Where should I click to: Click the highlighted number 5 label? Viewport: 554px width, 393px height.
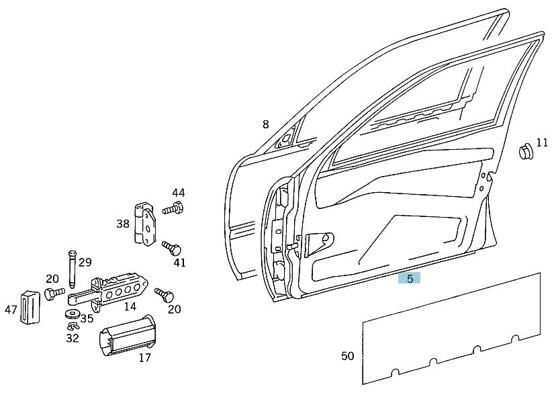pyautogui.click(x=409, y=279)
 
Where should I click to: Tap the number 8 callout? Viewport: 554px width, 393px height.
pyautogui.click(x=265, y=124)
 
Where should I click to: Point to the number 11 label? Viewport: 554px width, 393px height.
pyautogui.click(x=542, y=143)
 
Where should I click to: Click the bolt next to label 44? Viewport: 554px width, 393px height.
pyautogui.click(x=173, y=209)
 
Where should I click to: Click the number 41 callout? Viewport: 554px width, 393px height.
pyautogui.click(x=179, y=263)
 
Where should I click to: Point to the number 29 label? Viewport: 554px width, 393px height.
pyautogui.click(x=85, y=262)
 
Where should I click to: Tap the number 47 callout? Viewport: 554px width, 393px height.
pyautogui.click(x=10, y=310)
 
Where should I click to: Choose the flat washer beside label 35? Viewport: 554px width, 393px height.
pyautogui.click(x=71, y=314)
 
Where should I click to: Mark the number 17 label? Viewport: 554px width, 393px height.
pyautogui.click(x=144, y=357)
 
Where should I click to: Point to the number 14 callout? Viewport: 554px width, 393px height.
pyautogui.click(x=130, y=306)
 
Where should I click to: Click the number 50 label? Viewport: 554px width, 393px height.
pyautogui.click(x=347, y=355)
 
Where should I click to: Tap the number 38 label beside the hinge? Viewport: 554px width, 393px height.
pyautogui.click(x=122, y=224)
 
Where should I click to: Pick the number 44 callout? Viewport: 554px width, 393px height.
pyautogui.click(x=178, y=192)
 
